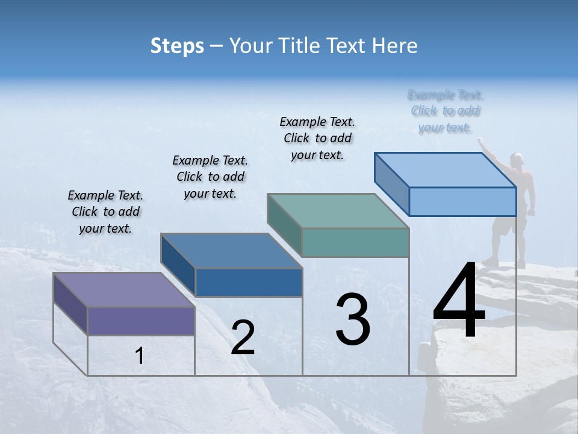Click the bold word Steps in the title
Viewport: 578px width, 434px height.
(x=177, y=46)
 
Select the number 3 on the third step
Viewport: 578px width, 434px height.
(x=353, y=319)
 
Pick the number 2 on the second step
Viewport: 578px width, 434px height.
(x=243, y=338)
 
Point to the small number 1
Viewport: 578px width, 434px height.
(x=139, y=356)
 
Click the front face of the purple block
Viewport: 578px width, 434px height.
(x=141, y=321)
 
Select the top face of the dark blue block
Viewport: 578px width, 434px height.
(x=232, y=250)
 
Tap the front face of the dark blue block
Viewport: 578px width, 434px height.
(x=248, y=282)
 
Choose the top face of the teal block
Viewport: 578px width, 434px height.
(x=338, y=211)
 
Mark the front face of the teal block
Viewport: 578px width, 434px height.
(x=355, y=242)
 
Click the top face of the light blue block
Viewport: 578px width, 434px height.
(x=446, y=169)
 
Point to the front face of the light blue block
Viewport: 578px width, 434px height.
(x=462, y=201)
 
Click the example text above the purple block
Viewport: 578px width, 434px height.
(x=105, y=212)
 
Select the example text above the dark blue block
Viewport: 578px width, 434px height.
(x=210, y=177)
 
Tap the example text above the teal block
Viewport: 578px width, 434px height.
(x=317, y=138)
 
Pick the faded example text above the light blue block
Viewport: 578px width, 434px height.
(x=446, y=111)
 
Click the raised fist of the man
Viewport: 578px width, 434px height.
(x=480, y=141)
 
